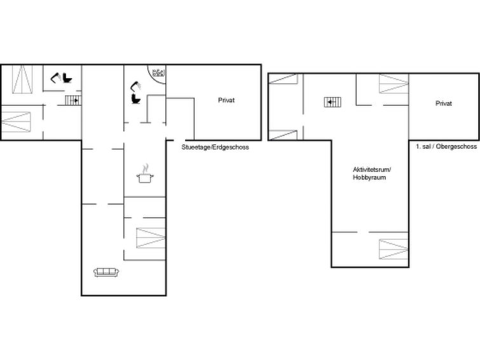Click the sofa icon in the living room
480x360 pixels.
[x=106, y=272]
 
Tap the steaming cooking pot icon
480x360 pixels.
[x=145, y=174]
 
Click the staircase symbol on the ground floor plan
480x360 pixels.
[x=73, y=100]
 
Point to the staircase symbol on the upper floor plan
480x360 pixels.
[x=333, y=102]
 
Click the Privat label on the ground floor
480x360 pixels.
[x=226, y=100]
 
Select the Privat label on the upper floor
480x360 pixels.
[x=444, y=104]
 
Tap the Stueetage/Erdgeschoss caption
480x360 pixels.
[x=215, y=147]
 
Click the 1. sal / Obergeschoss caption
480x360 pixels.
[x=446, y=146]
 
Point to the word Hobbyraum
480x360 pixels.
[x=369, y=177]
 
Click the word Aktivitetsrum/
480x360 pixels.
[x=372, y=169]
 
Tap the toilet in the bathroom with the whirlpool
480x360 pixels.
[x=135, y=99]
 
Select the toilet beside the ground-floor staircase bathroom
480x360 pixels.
[x=67, y=78]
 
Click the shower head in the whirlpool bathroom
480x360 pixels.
[x=135, y=86]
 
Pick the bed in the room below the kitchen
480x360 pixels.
[x=151, y=238]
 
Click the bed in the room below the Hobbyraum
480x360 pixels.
[x=394, y=249]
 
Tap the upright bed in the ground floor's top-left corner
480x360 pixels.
[x=22, y=79]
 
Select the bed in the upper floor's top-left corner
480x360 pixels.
[x=283, y=78]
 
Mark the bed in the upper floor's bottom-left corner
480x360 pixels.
[x=283, y=135]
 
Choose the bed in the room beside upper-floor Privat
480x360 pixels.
[x=394, y=83]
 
